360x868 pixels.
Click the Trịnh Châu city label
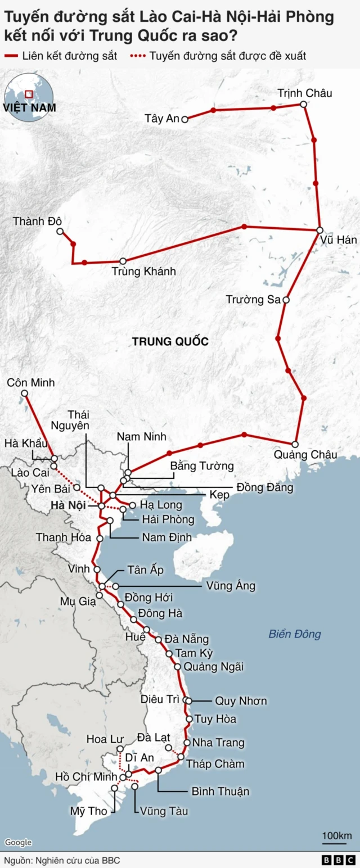pos(305,93)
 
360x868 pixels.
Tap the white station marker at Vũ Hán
pos(319,230)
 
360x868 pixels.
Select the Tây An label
pos(161,119)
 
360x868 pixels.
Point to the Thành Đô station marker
pos(60,231)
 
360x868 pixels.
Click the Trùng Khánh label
pos(144,272)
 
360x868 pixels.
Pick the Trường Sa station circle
pos(286,300)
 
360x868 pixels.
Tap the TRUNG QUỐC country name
pos(170,341)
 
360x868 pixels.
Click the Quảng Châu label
pos(305,454)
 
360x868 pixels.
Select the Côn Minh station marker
pos(24,394)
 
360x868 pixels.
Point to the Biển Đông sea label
pos(294,634)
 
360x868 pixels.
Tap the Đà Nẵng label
pos(187,639)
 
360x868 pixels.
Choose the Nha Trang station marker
pos(187,743)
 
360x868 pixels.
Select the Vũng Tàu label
pos(164,811)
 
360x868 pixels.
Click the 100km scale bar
pos(337,841)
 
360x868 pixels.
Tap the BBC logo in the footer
pos(339,860)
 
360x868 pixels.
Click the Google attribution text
pos(19,842)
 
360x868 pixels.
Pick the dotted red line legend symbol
pos(138,56)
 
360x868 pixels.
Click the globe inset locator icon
pos(29,96)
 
